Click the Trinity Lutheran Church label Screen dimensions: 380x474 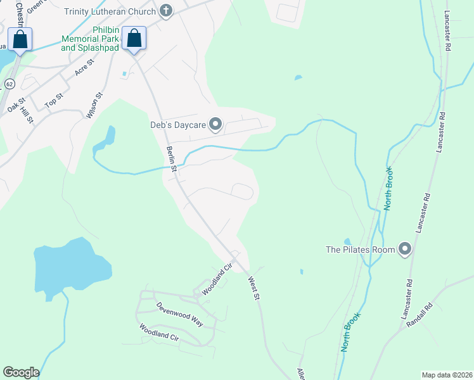110,11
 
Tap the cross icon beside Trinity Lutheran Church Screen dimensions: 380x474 165,10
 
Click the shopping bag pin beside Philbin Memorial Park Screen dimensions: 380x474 134,38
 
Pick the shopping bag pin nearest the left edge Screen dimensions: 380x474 20,39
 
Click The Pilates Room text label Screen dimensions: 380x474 360,250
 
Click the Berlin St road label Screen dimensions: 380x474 170,158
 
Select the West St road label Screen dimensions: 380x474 254,288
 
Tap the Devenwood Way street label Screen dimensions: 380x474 180,313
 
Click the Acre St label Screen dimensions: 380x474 84,67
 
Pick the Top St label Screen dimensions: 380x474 54,99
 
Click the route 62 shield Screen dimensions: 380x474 10,84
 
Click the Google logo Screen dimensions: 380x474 21,372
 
